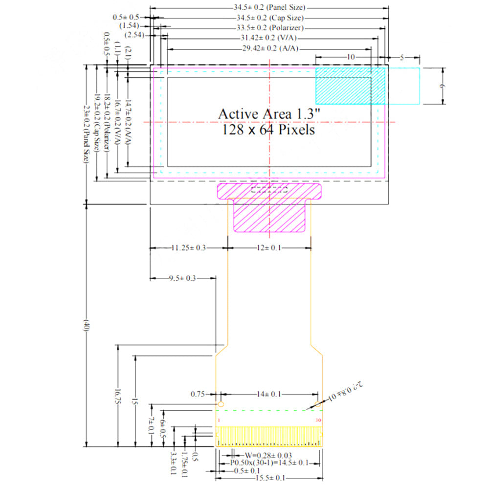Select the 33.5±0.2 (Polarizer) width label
268,28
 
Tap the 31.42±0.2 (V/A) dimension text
268,38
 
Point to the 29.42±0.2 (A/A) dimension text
270,48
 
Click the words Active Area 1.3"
269,113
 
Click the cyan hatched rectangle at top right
350,86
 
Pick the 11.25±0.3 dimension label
188,248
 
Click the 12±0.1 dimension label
269,248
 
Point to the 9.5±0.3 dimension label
182,278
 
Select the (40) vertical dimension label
86,326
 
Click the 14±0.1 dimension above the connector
269,394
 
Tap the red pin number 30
318,420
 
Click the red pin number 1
219,420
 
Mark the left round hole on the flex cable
221,404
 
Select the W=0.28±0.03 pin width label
268,455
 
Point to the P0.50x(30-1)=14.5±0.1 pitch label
268,463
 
